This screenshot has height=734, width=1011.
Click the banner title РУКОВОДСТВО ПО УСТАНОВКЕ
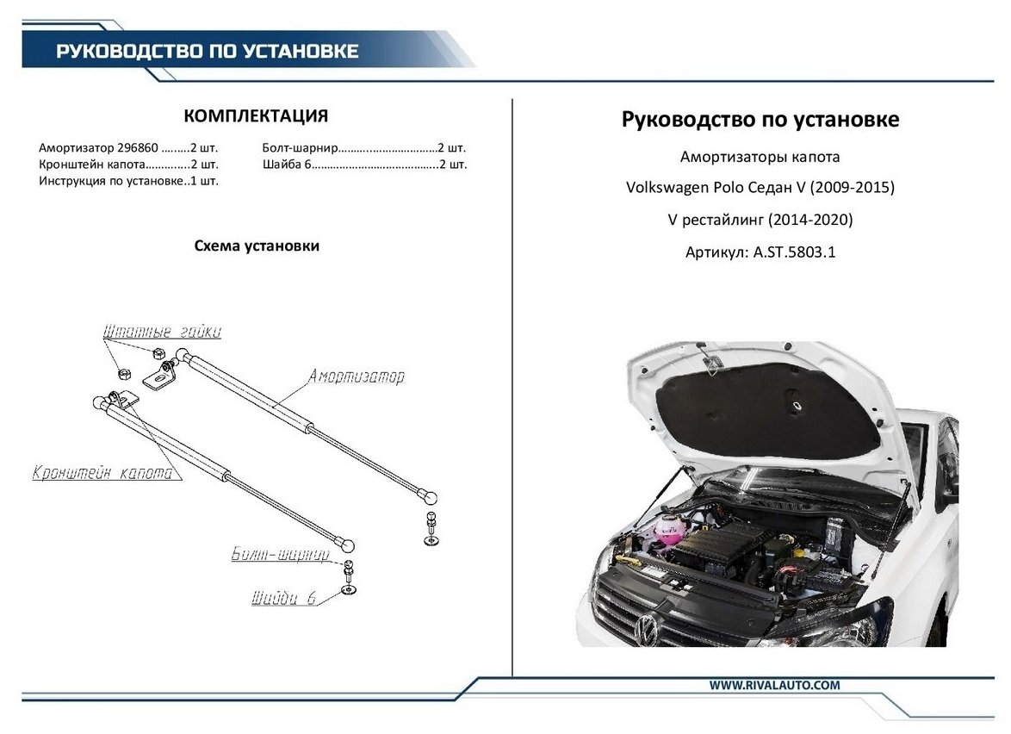coord(207,51)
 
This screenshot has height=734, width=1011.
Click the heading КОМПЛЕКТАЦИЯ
coord(257,116)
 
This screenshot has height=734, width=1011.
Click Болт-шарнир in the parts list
coord(301,147)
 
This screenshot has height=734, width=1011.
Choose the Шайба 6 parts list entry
coord(285,164)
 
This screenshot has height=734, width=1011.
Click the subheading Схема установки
coord(257,246)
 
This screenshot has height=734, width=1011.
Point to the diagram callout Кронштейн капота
coord(102,473)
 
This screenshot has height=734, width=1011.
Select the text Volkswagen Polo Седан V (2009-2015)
coord(760,188)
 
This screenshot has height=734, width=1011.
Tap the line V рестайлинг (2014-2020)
coord(760,221)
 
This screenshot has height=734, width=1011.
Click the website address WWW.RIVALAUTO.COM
coord(774,685)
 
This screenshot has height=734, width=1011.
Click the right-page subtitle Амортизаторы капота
coord(760,158)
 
